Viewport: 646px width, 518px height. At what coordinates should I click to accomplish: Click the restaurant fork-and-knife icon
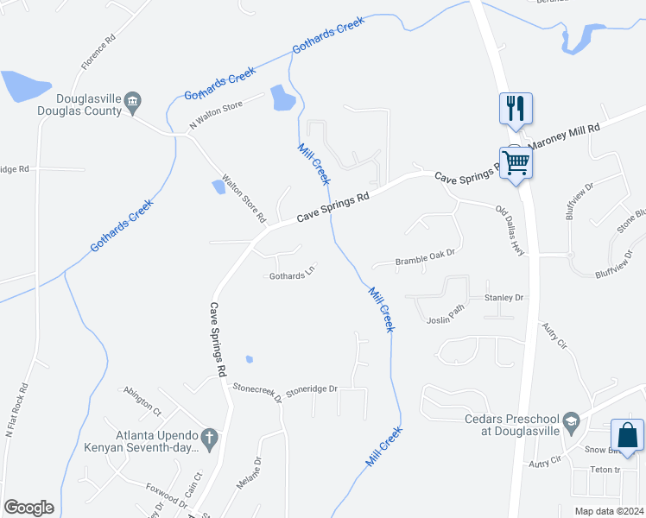point(516,109)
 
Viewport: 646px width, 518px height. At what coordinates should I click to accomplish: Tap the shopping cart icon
point(516,161)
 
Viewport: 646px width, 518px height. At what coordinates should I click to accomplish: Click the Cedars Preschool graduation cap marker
point(570,422)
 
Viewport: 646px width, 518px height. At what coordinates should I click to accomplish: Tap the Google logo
point(28,508)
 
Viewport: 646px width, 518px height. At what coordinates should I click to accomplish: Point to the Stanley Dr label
point(503,298)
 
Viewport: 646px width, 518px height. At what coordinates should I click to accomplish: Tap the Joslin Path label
point(446,319)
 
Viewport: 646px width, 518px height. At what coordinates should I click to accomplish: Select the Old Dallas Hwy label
point(510,230)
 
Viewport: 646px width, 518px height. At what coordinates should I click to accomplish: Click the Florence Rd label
point(98,52)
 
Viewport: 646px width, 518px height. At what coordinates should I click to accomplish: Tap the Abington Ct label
point(142,399)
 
